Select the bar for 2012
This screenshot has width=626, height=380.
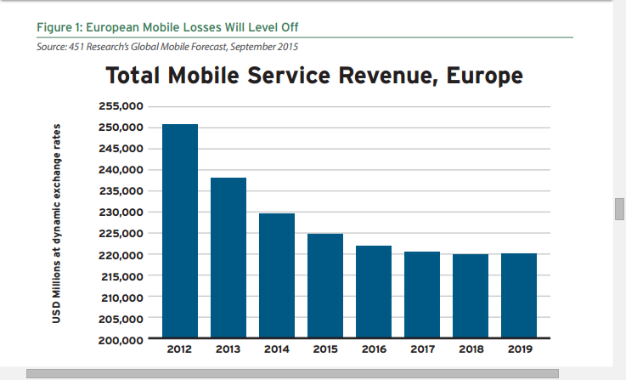tap(180, 231)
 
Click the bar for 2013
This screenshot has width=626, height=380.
tap(228, 258)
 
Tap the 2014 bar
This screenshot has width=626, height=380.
tap(277, 275)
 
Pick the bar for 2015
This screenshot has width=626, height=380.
tap(325, 286)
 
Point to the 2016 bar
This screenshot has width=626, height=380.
tap(374, 292)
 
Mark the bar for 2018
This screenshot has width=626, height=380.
tap(471, 296)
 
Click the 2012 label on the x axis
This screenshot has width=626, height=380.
tap(180, 349)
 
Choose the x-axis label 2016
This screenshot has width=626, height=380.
tap(374, 349)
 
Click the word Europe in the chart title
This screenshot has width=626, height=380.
tap(478, 77)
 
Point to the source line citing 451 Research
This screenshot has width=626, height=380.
tap(168, 45)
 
